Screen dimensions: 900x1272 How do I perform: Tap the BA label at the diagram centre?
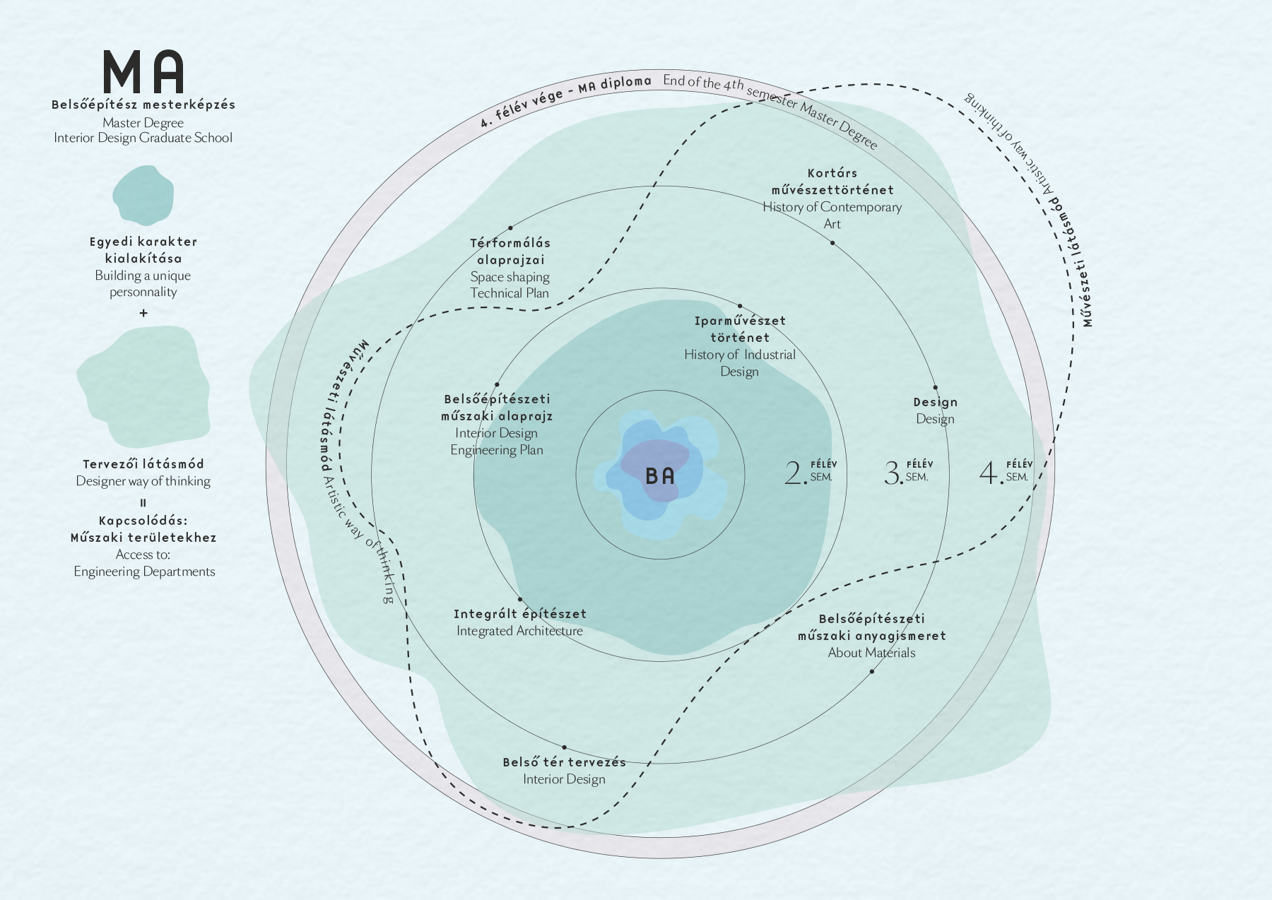pyautogui.click(x=660, y=476)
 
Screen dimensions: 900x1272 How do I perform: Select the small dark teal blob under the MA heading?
pyautogui.click(x=143, y=196)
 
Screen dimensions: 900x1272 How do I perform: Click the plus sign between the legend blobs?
pyautogui.click(x=143, y=313)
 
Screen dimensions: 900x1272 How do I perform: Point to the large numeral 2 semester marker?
pyautogui.click(x=795, y=473)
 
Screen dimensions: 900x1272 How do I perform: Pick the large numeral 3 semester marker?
pyautogui.click(x=893, y=473)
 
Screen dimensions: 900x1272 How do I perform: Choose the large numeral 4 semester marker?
pyautogui.click(x=990, y=473)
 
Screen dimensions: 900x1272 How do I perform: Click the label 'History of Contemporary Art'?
pyautogui.click(x=832, y=215)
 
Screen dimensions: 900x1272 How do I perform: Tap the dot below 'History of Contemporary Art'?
pyautogui.click(x=832, y=243)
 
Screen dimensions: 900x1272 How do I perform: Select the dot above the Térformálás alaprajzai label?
pyautogui.click(x=510, y=228)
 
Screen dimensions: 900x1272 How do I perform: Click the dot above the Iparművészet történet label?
pyautogui.click(x=740, y=307)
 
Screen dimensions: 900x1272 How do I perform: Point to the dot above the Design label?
pyautogui.click(x=935, y=388)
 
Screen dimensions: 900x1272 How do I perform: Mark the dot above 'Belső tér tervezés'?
pyautogui.click(x=564, y=747)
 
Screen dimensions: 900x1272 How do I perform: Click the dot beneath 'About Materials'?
pyautogui.click(x=871, y=671)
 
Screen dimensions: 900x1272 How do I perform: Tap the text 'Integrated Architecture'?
pyautogui.click(x=519, y=631)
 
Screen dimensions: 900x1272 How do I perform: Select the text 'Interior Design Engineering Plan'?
pyautogui.click(x=497, y=442)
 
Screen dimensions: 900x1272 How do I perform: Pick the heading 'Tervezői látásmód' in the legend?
pyautogui.click(x=143, y=464)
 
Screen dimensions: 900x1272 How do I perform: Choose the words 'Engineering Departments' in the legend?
pyautogui.click(x=144, y=572)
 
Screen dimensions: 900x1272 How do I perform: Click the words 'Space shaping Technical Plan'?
pyautogui.click(x=510, y=285)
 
